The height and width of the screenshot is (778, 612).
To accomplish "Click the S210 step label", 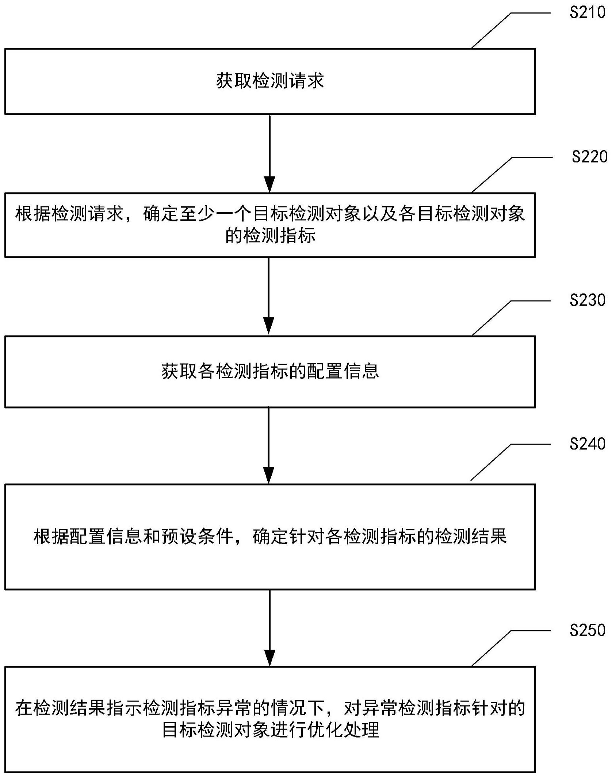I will [x=587, y=13].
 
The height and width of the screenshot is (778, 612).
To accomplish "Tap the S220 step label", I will [x=589, y=157].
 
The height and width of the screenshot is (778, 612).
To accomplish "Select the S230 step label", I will [x=587, y=300].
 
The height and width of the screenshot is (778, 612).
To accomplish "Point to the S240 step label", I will [x=587, y=444].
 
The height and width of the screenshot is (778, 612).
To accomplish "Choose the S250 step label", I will [x=587, y=630].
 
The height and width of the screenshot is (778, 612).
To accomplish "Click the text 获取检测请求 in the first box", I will [x=270, y=81].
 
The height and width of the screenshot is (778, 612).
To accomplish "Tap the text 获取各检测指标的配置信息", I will [x=270, y=371].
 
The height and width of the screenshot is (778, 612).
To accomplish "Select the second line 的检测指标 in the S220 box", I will [x=270, y=236].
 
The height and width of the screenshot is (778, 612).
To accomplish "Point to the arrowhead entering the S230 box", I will [x=269, y=325].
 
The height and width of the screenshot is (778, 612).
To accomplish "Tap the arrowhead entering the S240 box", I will [x=269, y=475].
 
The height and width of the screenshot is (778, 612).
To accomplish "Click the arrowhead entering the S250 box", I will [x=269, y=658].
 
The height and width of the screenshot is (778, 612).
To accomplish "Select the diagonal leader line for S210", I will [x=491, y=30].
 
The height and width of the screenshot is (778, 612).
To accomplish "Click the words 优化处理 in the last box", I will [x=343, y=730].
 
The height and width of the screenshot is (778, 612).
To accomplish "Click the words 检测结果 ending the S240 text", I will [x=470, y=537].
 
